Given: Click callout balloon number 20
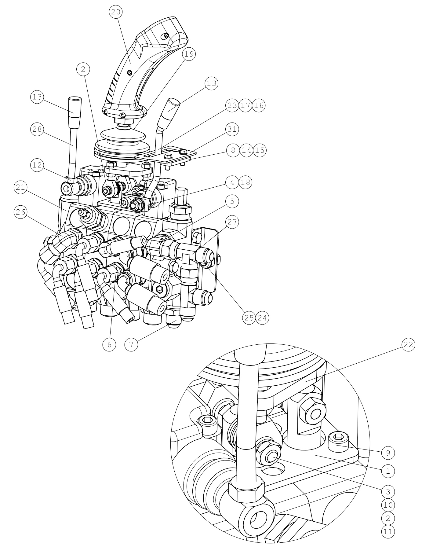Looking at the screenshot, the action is [116, 12].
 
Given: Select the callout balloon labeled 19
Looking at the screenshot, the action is [189, 54].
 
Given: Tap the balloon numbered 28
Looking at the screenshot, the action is [37, 129].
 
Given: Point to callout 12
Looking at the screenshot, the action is [37, 165].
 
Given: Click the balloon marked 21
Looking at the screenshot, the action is [20, 187].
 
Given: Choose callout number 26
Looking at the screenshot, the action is [20, 212].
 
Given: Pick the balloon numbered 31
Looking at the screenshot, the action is [232, 129].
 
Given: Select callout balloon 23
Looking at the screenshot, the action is [232, 105].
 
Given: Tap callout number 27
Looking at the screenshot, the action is [232, 222].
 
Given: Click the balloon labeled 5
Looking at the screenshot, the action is [232, 201].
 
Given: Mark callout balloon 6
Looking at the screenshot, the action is [109, 345].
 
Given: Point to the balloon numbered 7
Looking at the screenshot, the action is [131, 345].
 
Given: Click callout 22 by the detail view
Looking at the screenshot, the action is [408, 345].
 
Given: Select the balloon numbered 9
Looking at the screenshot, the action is [388, 453].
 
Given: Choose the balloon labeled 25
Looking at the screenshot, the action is [249, 318].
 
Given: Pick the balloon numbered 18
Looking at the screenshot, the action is [246, 182].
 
